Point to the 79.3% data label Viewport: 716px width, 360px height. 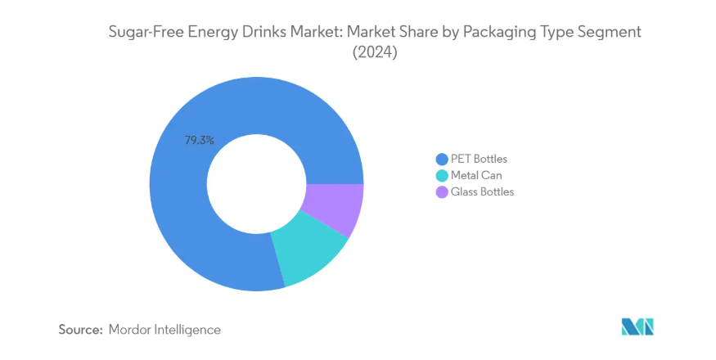[x=199, y=140]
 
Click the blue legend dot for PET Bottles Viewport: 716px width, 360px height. [x=442, y=159]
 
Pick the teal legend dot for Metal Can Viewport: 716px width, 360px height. [x=442, y=175]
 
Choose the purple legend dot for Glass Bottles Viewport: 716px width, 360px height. [x=442, y=191]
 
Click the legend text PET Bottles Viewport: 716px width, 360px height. [x=479, y=159]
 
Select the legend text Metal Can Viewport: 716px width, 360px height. [x=476, y=175]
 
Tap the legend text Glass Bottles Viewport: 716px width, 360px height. [x=483, y=191]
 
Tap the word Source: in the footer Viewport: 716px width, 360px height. [x=79, y=330]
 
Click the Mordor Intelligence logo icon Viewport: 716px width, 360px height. [x=637, y=327]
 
